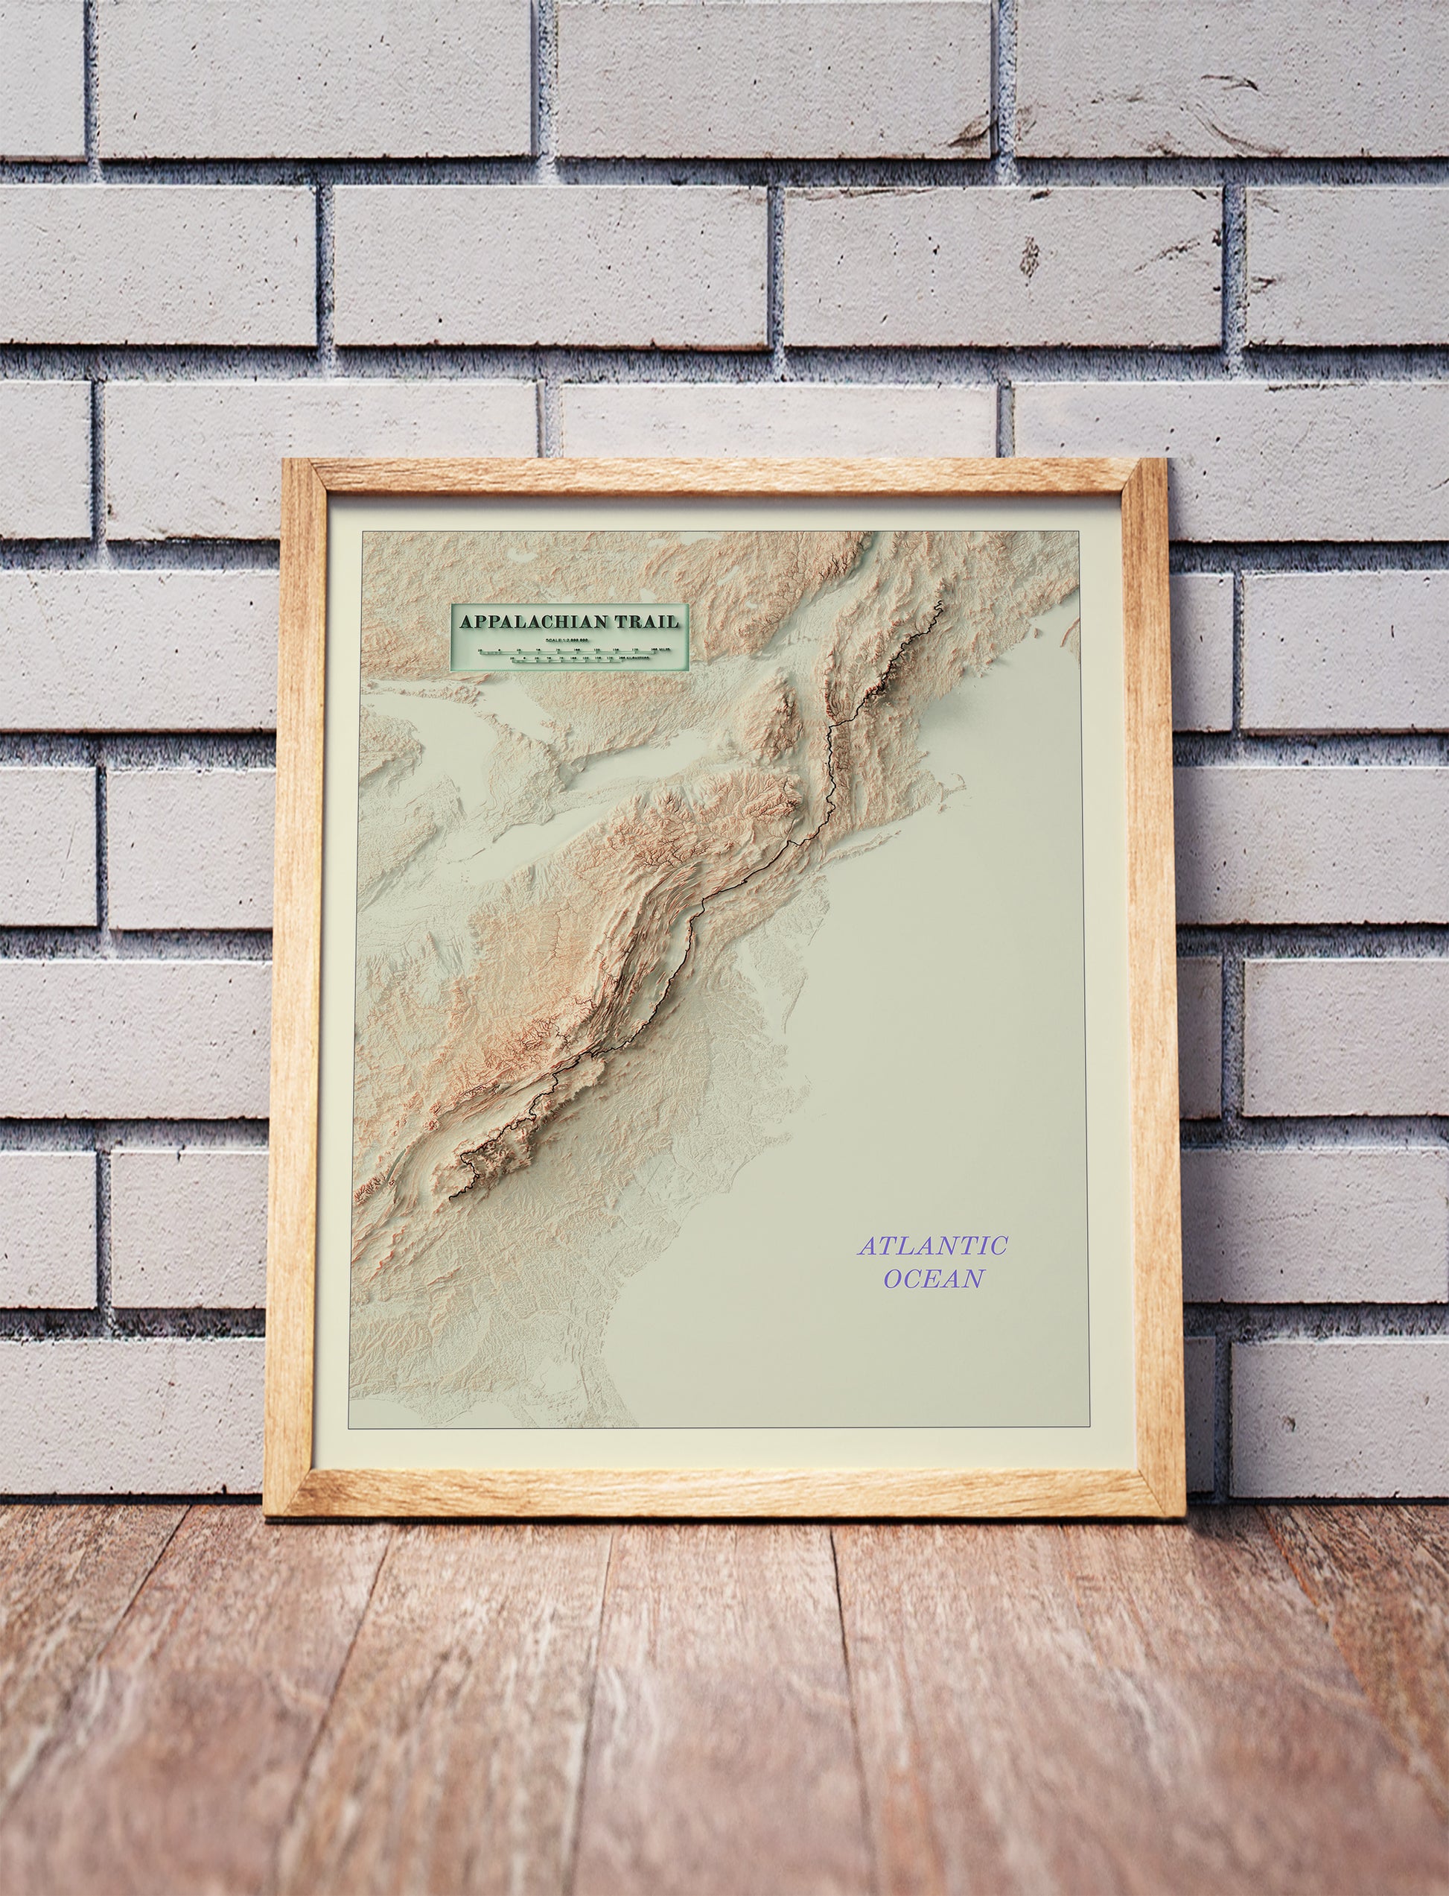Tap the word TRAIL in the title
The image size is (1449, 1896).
pyautogui.click(x=649, y=621)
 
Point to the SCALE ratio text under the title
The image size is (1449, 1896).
pyautogui.click(x=567, y=639)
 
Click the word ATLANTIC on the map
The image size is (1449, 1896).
pyautogui.click(x=932, y=1246)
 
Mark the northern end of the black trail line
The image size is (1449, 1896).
pyautogui.click(x=938, y=601)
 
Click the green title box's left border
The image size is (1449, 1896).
pyautogui.click(x=452, y=636)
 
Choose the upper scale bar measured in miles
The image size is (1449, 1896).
pyautogui.click(x=569, y=650)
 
